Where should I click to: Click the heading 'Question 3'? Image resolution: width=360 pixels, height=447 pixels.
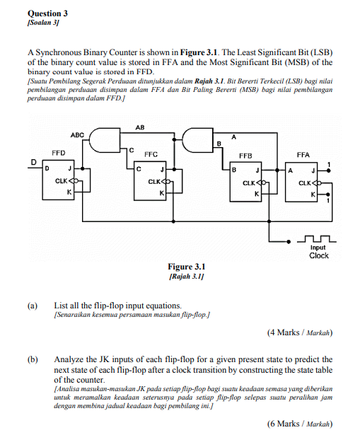pos(47,13)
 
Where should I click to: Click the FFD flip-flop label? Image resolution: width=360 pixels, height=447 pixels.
pos(59,153)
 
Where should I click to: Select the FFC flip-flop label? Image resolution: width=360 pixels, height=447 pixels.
pos(151,153)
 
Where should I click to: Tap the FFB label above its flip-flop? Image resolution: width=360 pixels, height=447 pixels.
pos(245,153)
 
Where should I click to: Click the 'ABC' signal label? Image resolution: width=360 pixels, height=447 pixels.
pos(77,134)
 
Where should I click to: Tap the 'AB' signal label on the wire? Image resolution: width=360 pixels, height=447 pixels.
pos(140,127)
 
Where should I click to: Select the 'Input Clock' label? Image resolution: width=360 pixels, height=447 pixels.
pos(318,252)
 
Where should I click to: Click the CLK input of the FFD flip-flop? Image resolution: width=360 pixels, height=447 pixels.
pos(62,181)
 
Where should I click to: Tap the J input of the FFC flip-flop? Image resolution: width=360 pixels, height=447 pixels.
pos(162,168)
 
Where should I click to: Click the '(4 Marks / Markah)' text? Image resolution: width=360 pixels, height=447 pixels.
pos(299,332)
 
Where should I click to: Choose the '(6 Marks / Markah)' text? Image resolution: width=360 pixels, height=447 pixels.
pos(299,424)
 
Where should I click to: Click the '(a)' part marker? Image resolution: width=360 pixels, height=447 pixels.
pos(32,306)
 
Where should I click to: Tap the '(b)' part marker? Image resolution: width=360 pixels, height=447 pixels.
pos(32,359)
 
